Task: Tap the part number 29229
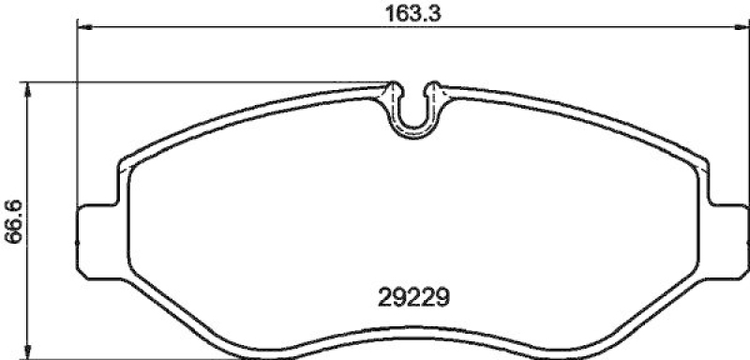point(413,297)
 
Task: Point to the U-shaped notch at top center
point(413,117)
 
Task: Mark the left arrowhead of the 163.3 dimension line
point(82,28)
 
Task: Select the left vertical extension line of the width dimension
point(76,112)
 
